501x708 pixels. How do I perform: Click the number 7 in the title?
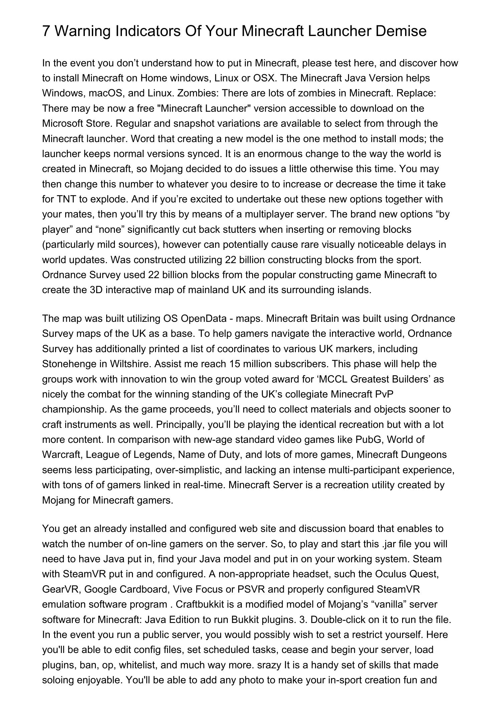point(46,31)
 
